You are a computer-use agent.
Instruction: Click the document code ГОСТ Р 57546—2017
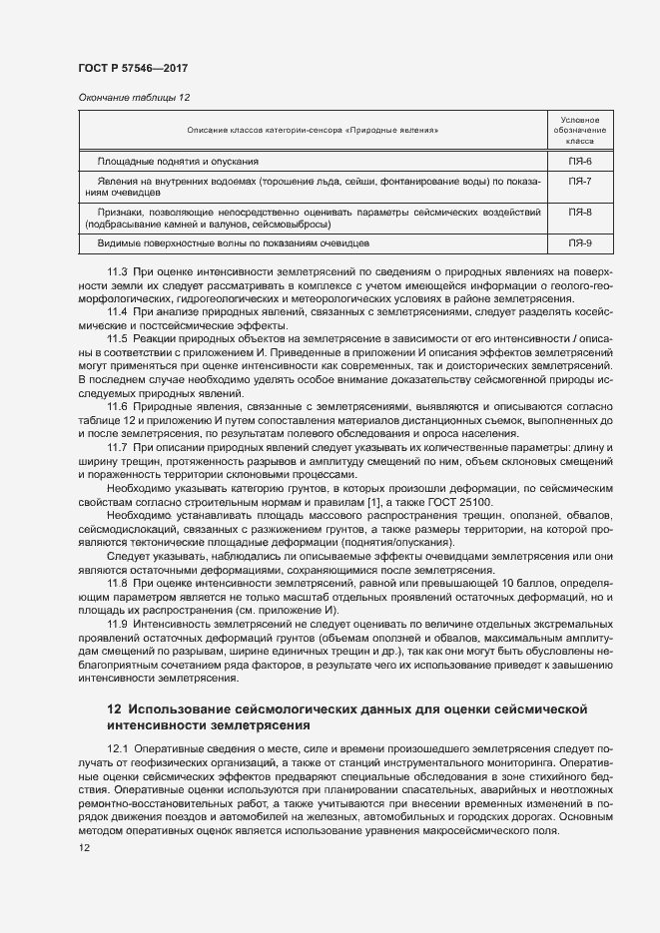[x=133, y=69]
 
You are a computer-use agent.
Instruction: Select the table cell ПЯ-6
[x=580, y=161]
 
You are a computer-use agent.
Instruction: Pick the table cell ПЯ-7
[x=580, y=182]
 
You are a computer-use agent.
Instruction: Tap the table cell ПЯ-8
[x=580, y=213]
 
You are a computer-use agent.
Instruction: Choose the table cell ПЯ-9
[x=580, y=243]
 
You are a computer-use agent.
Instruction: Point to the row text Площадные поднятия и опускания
[x=178, y=161]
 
